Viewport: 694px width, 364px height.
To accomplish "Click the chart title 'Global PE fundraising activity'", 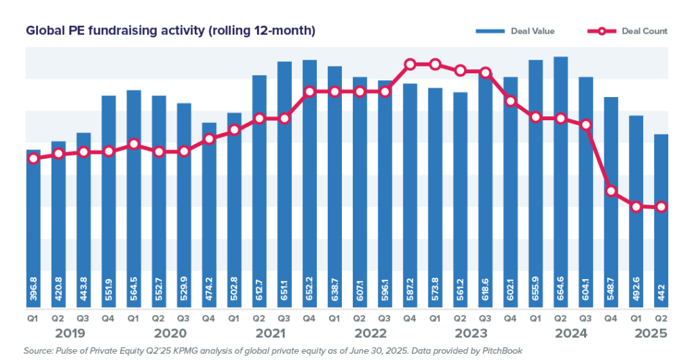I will [170, 31].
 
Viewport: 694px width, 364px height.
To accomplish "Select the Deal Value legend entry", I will [515, 31].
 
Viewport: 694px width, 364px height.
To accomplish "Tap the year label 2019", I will [71, 334].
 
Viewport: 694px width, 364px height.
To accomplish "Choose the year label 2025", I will [651, 334].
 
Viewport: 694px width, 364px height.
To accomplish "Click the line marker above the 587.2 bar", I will [410, 65].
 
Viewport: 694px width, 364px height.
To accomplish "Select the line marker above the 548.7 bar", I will [611, 192].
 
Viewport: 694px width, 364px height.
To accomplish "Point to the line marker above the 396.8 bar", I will [33, 158].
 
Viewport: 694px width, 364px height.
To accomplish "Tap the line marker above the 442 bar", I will [661, 206].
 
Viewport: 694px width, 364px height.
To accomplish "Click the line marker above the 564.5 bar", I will [134, 144].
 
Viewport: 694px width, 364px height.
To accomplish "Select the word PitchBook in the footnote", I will [500, 351].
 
